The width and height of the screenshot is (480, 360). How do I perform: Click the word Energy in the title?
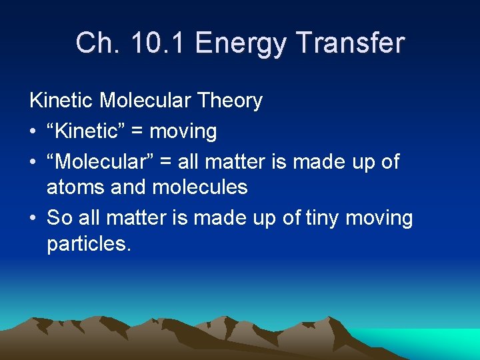[x=242, y=43]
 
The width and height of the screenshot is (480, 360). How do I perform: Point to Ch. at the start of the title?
[x=97, y=43]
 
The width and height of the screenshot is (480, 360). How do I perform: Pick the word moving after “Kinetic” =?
[x=183, y=132]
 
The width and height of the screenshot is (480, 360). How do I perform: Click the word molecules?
[x=200, y=188]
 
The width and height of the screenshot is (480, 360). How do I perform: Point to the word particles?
[x=88, y=244]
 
